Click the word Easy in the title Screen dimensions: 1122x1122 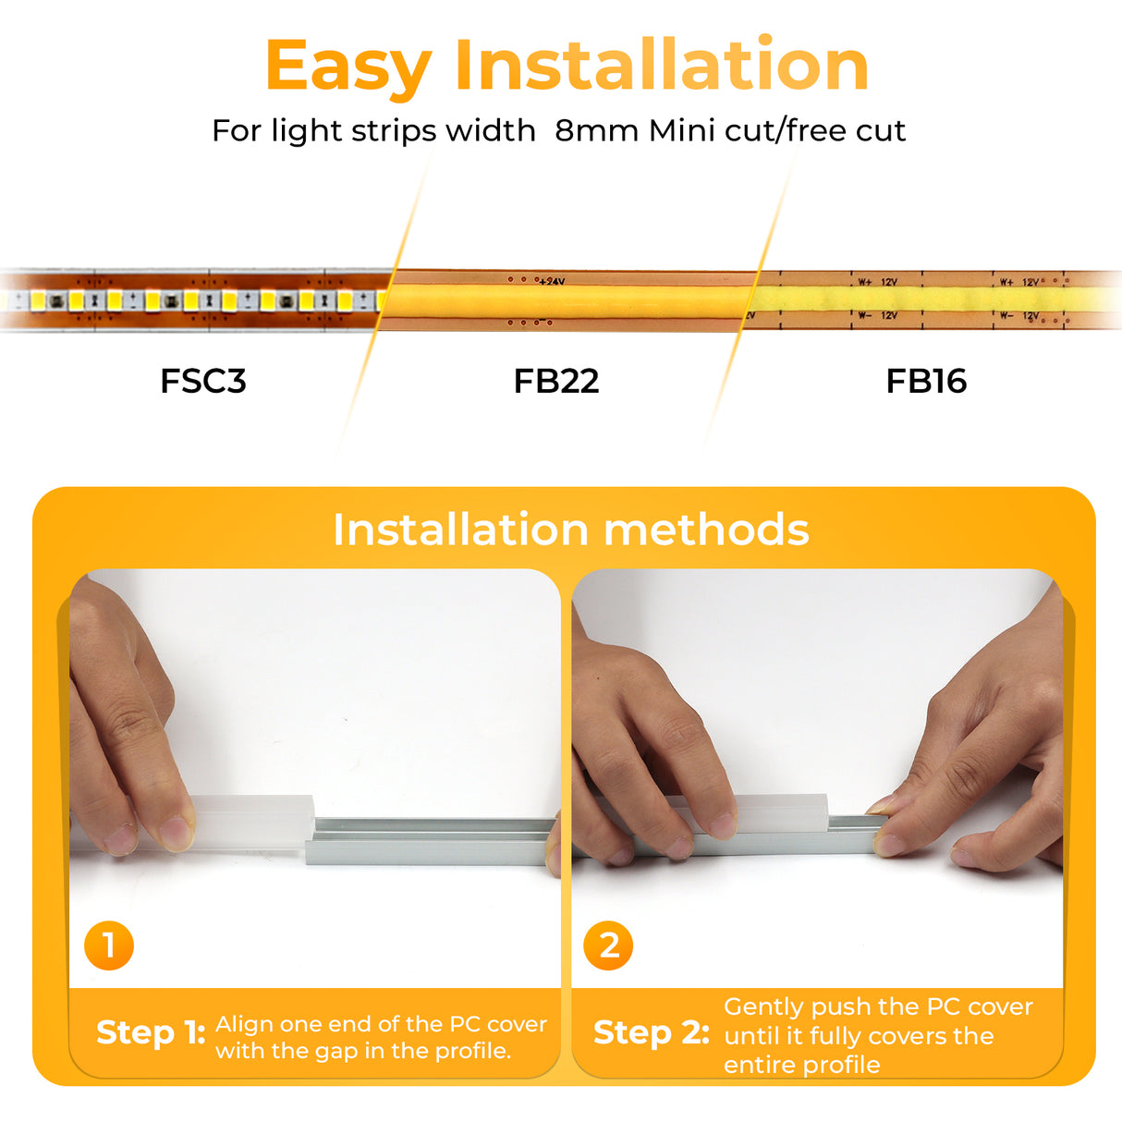348,67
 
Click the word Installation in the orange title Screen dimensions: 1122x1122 661,65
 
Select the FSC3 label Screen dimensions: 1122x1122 203,381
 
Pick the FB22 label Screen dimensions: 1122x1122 555,381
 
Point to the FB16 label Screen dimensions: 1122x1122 925,381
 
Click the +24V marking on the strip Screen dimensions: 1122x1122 552,281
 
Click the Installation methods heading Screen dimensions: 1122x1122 570,530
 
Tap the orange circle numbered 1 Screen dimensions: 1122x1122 109,945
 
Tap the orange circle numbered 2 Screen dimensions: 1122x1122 608,945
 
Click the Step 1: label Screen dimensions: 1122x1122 151,1032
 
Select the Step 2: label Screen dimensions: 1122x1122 651,1032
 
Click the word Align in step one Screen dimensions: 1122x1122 244,1024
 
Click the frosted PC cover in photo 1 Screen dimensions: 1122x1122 254,819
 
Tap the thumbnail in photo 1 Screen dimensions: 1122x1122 176,834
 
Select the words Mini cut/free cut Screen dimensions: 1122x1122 776,130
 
